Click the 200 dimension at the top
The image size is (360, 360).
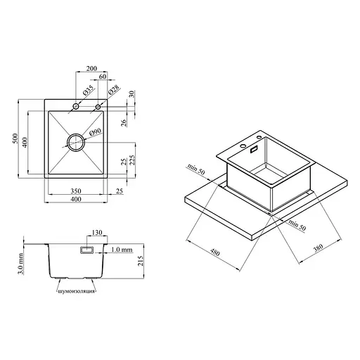(x=91, y=68)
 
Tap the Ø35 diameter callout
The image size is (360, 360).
(x=88, y=90)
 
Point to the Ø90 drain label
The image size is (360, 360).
(x=96, y=132)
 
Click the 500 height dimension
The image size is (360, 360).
(x=15, y=139)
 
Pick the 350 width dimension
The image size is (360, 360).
(x=76, y=191)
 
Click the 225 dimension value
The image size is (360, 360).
(x=132, y=160)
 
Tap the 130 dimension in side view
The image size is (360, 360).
(x=97, y=233)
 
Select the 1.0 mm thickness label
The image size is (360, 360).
(x=122, y=250)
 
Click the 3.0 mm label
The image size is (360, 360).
(x=21, y=264)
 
